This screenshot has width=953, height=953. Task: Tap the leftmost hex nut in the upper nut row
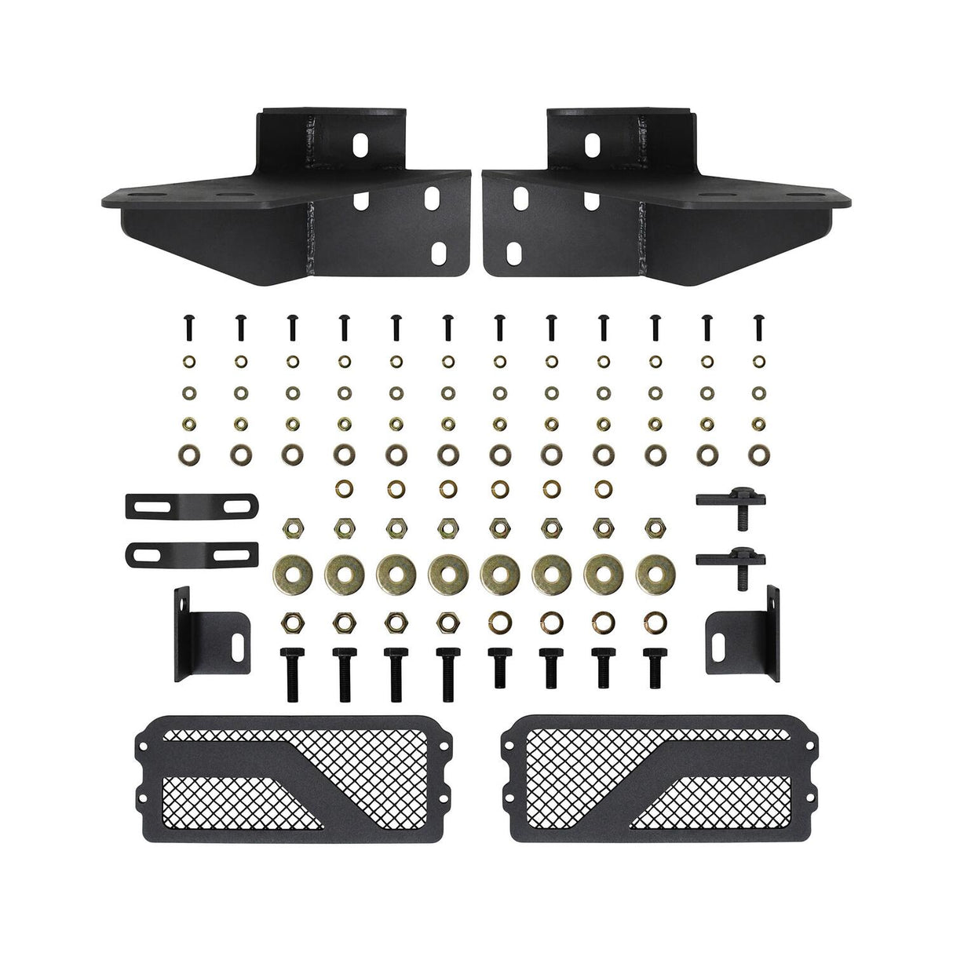click(x=291, y=524)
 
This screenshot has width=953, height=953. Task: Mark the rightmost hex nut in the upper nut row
click(x=653, y=524)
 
